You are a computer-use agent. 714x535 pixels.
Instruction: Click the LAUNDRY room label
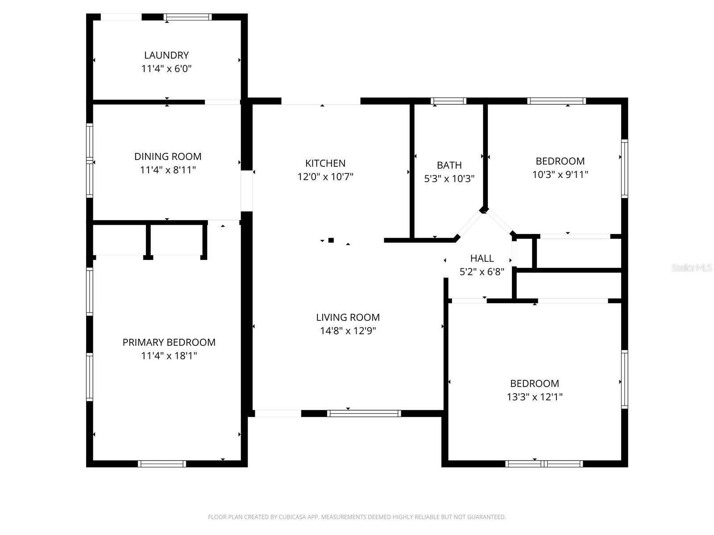pyautogui.click(x=166, y=55)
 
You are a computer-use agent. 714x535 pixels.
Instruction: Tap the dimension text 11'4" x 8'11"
pyautogui.click(x=168, y=170)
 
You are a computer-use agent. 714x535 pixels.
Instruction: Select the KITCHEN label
pyautogui.click(x=325, y=163)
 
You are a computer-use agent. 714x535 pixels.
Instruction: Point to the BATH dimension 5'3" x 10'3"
pyautogui.click(x=449, y=179)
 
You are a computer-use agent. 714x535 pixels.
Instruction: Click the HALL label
pyautogui.click(x=482, y=258)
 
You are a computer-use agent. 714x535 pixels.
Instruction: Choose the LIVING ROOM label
pyautogui.click(x=348, y=317)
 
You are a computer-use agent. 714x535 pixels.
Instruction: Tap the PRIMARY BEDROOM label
pyautogui.click(x=169, y=342)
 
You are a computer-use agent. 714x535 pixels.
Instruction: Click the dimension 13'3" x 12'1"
pyautogui.click(x=535, y=397)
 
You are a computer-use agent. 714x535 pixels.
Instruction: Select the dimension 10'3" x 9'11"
pyautogui.click(x=560, y=174)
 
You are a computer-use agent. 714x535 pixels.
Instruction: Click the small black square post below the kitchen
pyautogui.click(x=331, y=240)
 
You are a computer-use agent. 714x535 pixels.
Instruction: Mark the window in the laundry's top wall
pyautogui.click(x=187, y=17)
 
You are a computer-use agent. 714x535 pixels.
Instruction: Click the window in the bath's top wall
pyautogui.click(x=448, y=101)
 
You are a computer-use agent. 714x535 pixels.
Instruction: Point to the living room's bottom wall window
pyautogui.click(x=364, y=414)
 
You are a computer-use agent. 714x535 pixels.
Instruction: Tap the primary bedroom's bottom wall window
pyautogui.click(x=162, y=464)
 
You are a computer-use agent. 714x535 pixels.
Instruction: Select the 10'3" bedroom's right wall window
pyautogui.click(x=625, y=169)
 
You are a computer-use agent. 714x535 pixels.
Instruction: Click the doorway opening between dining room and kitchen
pyautogui.click(x=247, y=191)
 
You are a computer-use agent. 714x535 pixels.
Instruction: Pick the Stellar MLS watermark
pyautogui.click(x=691, y=267)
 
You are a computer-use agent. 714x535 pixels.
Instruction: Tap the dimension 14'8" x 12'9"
pyautogui.click(x=348, y=331)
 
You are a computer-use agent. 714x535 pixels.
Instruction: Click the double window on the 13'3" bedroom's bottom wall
pyautogui.click(x=544, y=464)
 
